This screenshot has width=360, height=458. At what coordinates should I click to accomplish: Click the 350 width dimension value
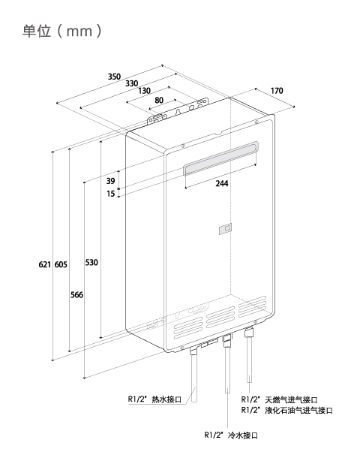(114, 77)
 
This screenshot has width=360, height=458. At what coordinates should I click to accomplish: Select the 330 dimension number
(131, 83)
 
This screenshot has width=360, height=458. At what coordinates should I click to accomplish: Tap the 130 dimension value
(145, 91)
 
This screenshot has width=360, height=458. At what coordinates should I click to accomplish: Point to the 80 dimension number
(159, 100)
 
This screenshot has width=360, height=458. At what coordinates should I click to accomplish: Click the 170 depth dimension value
(277, 91)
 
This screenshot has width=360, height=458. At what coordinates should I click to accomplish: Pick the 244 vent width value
(222, 183)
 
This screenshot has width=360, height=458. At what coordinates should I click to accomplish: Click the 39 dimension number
(110, 181)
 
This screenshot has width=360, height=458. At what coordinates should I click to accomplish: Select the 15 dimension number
(110, 194)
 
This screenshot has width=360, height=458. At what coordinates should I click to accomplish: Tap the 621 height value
(45, 264)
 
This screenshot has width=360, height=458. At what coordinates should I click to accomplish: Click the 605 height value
(61, 264)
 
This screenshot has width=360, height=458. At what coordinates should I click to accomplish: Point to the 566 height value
(76, 295)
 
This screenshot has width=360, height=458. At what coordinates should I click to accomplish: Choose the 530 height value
(91, 263)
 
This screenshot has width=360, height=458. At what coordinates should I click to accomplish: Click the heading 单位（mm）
(62, 31)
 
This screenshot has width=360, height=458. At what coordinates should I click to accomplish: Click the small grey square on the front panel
(226, 229)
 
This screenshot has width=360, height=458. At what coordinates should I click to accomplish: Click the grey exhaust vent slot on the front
(220, 158)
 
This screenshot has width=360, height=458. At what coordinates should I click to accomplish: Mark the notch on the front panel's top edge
(219, 133)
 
